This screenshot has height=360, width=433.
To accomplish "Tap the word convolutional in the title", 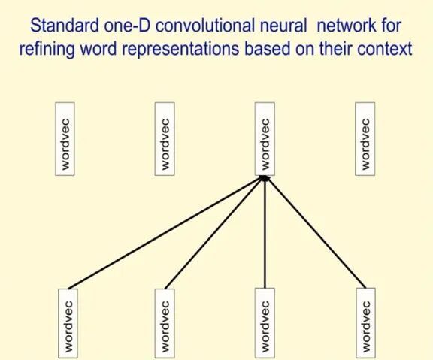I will click(196, 26).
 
